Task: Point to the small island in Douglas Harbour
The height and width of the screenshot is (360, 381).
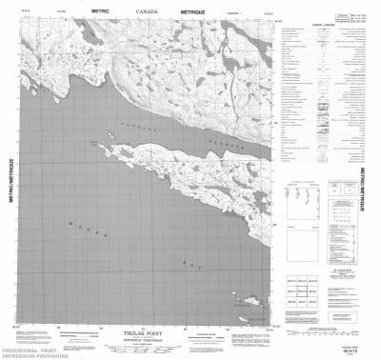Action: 96,141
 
